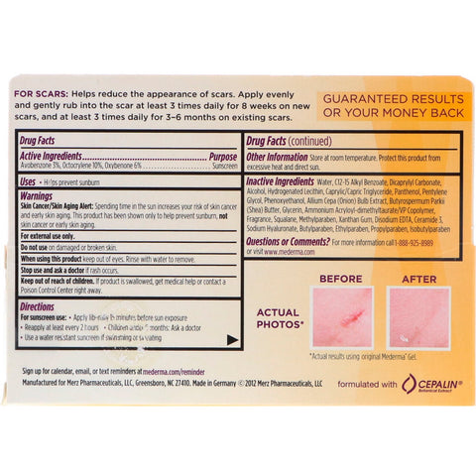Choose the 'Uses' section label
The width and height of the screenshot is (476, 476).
(30, 182)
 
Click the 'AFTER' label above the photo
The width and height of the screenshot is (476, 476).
(416, 278)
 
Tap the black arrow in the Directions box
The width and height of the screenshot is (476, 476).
(233, 340)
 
